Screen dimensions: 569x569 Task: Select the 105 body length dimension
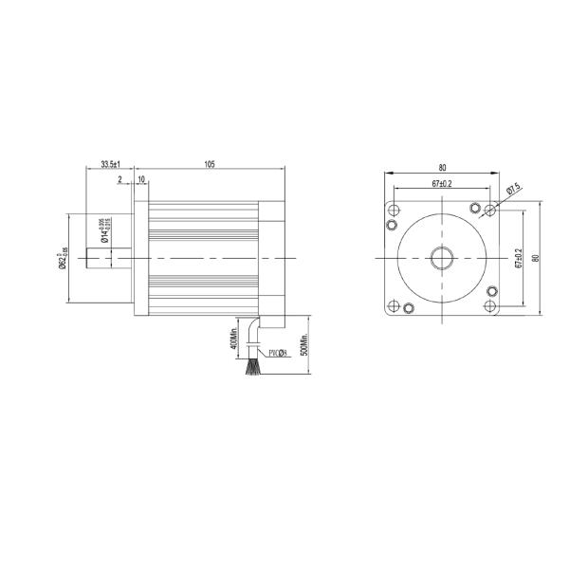coord(210,164)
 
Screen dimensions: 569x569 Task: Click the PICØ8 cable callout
coord(278,352)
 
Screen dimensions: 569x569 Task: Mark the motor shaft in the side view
coord(108,258)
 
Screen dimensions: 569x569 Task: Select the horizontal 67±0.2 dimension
coord(440,183)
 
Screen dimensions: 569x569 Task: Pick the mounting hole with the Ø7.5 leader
coord(490,209)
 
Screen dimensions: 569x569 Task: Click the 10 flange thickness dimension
coord(141,178)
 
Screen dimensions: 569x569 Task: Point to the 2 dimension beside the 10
coord(120,178)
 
